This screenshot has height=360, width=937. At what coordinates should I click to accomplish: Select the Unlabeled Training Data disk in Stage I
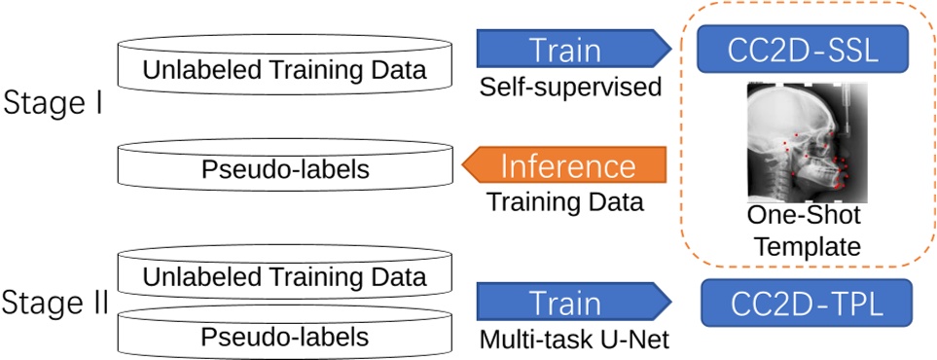284,69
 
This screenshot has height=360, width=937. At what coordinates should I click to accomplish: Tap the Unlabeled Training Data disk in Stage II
284,274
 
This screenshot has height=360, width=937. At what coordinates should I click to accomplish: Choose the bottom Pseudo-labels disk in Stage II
284,336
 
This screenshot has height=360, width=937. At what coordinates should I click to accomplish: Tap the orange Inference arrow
569,164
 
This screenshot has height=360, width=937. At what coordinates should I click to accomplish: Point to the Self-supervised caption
570,88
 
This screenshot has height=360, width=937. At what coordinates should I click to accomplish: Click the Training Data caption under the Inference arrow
564,202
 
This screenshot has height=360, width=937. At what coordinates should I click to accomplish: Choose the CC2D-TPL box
806,303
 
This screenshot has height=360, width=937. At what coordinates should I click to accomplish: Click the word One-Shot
804,215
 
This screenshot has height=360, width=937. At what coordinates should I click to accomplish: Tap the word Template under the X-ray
804,246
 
